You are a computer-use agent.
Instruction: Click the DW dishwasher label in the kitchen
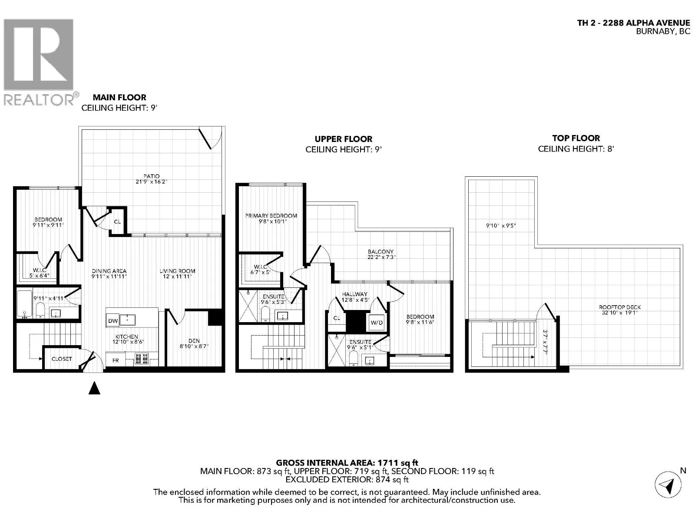click(x=113, y=321)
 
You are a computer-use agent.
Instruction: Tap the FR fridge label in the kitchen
click(x=116, y=360)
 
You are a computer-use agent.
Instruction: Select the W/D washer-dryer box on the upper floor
click(x=377, y=322)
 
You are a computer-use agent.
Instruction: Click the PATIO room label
click(x=151, y=176)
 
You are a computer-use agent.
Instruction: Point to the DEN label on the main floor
click(x=194, y=341)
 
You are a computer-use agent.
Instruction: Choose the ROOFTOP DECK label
click(x=620, y=307)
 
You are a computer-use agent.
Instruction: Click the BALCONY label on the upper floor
click(x=380, y=251)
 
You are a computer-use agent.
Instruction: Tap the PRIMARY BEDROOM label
click(x=271, y=216)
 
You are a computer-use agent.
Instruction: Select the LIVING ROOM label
click(x=177, y=271)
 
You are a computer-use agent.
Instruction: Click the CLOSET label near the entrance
click(x=62, y=359)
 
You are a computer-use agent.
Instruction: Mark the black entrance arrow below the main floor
click(x=94, y=388)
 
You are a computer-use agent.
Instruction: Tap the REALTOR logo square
click(x=39, y=54)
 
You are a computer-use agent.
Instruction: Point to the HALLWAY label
click(x=354, y=294)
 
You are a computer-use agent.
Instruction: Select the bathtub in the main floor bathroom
click(x=24, y=303)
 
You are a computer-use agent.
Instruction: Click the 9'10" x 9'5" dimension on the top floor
click(x=501, y=226)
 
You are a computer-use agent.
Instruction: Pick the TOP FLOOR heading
click(x=576, y=138)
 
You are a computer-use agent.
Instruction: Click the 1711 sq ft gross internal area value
click(x=397, y=463)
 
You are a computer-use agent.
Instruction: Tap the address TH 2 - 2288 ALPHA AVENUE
click(x=634, y=23)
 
